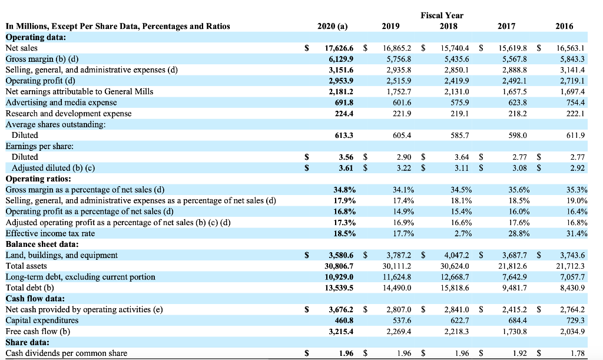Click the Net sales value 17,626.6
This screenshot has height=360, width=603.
tap(340, 48)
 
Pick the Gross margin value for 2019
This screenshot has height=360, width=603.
tap(399, 60)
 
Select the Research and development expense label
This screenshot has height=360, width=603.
tap(68, 113)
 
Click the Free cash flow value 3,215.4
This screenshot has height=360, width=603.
tap(340, 331)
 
